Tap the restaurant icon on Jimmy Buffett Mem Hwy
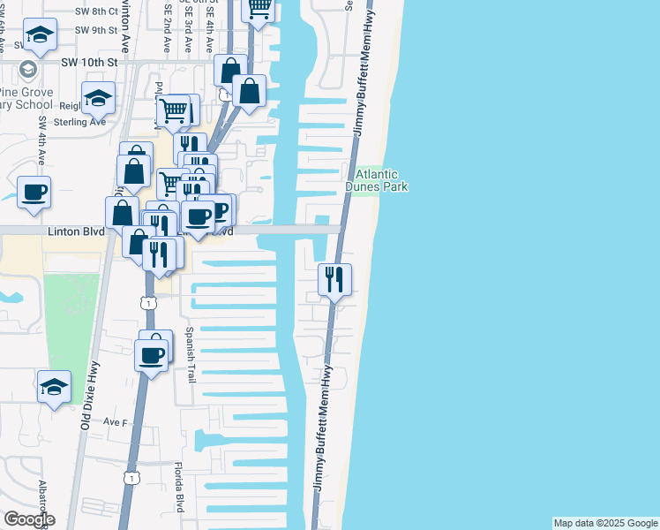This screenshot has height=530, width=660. pyautogui.click(x=334, y=280)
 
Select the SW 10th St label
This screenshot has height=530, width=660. pyautogui.click(x=89, y=63)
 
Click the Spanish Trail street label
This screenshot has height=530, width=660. pyautogui.click(x=191, y=356)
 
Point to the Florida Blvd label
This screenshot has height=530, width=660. pyautogui.click(x=178, y=488)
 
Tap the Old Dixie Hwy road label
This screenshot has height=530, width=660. pyautogui.click(x=86, y=405)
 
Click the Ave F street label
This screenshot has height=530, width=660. pyautogui.click(x=116, y=422)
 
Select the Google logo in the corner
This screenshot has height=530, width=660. pyautogui.click(x=28, y=519)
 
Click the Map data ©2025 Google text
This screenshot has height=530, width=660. pyautogui.click(x=605, y=523)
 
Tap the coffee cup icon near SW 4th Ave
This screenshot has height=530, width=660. pyautogui.click(x=34, y=192)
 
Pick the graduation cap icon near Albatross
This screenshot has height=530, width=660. pyautogui.click(x=54, y=386)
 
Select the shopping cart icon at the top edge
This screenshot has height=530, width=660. pyautogui.click(x=259, y=9)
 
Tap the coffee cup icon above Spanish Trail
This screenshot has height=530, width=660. pyautogui.click(x=151, y=355)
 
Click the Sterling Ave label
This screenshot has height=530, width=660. pyautogui.click(x=79, y=123)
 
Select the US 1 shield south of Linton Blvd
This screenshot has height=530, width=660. pyautogui.click(x=148, y=303)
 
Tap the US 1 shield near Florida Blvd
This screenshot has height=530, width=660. pyautogui.click(x=131, y=478)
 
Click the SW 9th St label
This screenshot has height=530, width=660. pyautogui.click(x=96, y=29)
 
